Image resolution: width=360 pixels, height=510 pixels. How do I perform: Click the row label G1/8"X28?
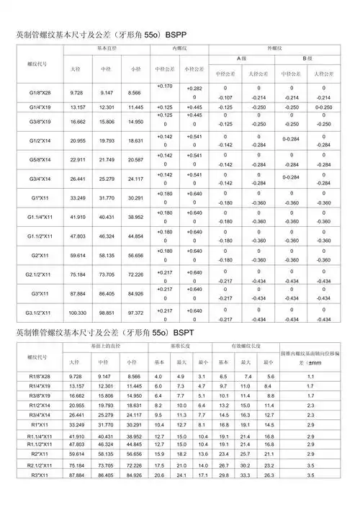coord(40,93)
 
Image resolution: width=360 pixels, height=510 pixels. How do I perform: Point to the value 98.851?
coord(106,314)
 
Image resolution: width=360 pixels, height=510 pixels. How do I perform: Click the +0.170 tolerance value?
coord(164,86)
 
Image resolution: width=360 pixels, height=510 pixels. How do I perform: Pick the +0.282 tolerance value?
coord(194,89)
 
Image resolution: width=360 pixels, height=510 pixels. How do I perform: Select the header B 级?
coord(307,58)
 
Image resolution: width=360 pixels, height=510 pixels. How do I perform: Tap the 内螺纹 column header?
coord(179,48)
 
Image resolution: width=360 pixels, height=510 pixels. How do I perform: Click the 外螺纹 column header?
coord(274,48)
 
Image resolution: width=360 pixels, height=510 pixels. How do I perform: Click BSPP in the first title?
coord(176,35)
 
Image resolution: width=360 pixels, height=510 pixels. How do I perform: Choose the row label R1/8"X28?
coord(40,377)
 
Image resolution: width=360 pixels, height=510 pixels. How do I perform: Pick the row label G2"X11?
coord(40,254)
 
